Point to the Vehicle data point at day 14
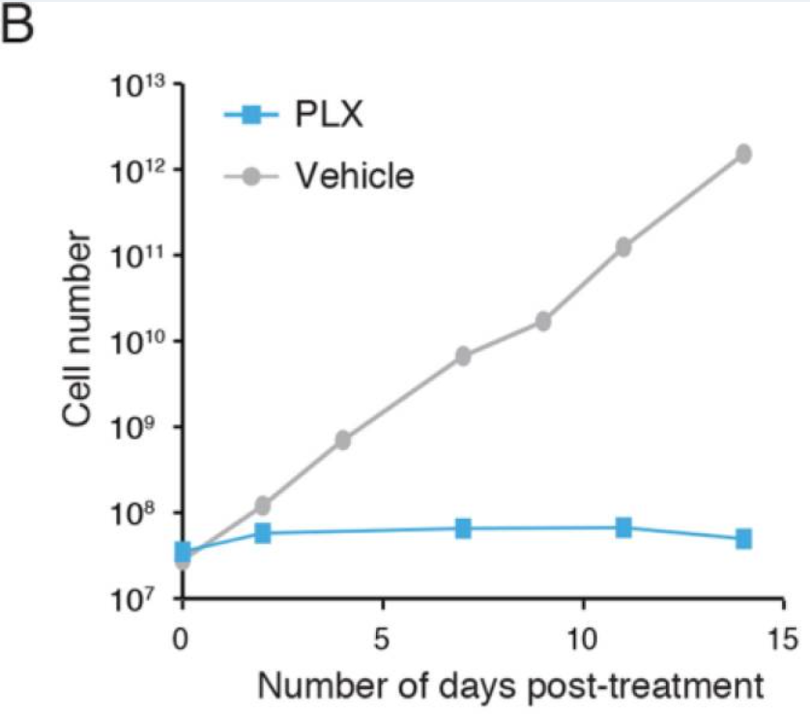coord(743,154)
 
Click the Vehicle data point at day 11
coord(623,247)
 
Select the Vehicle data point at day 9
coord(543,321)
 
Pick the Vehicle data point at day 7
coord(463,357)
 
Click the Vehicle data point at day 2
coord(262,505)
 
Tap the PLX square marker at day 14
coord(743,538)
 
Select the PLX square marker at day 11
coord(623,528)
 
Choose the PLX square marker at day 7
coord(463,528)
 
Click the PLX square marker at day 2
coord(262,532)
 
